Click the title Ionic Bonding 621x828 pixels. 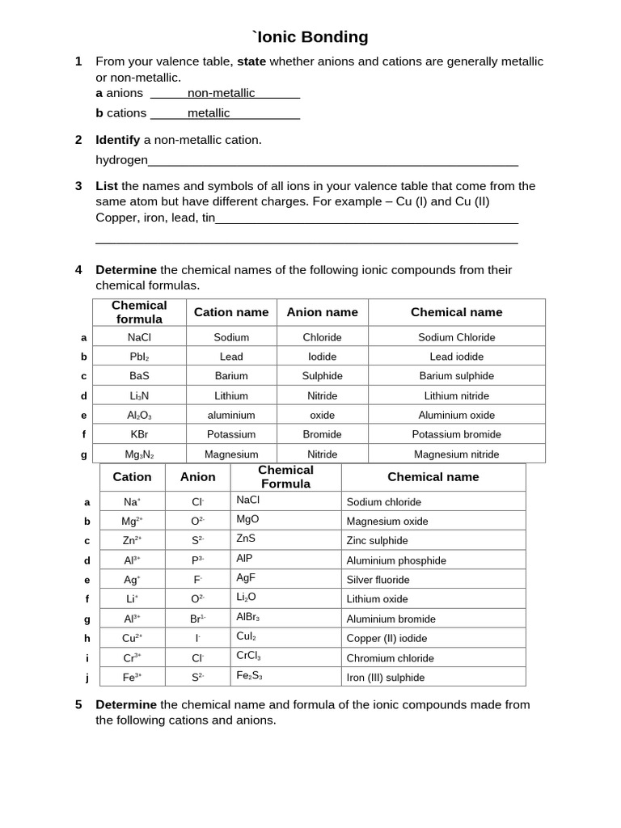(x=310, y=37)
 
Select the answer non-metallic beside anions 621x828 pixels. (x=221, y=93)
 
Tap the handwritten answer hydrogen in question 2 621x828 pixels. (x=122, y=160)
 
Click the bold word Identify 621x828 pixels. (x=118, y=140)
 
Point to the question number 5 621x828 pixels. (x=78, y=704)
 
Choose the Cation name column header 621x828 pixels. (x=231, y=312)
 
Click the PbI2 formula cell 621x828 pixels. (x=139, y=357)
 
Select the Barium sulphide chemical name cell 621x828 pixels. (x=456, y=376)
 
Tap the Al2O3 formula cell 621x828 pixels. (x=139, y=415)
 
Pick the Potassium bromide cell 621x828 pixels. (x=456, y=434)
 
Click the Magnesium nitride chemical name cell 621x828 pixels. (x=456, y=454)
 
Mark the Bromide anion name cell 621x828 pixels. (x=322, y=434)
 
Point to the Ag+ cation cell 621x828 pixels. (x=132, y=580)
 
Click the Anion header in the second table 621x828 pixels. (x=197, y=477)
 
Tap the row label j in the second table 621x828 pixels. (x=87, y=678)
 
